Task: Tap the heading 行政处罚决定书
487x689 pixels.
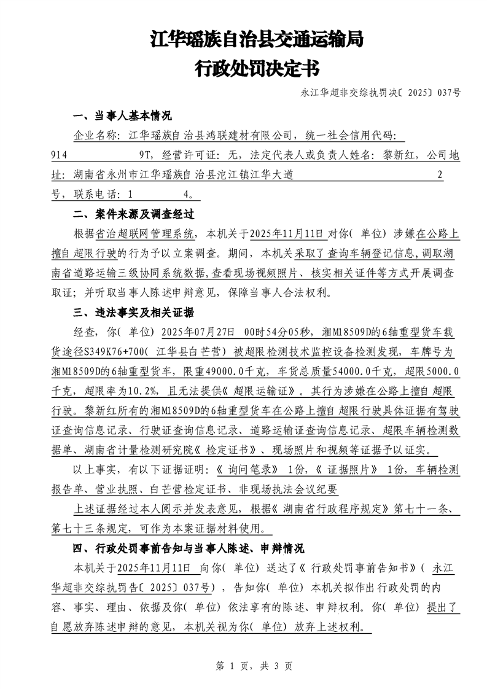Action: click(257, 68)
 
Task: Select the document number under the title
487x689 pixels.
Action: click(381, 93)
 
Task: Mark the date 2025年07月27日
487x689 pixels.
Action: click(198, 332)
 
